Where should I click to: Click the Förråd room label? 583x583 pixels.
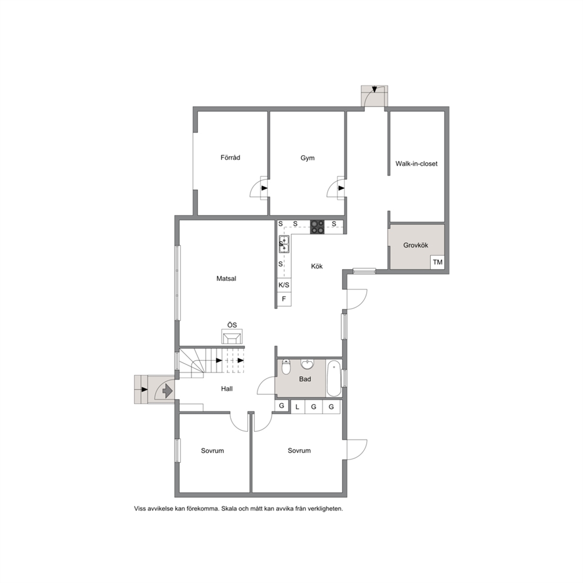click(230, 158)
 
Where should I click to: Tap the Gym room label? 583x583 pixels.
click(307, 158)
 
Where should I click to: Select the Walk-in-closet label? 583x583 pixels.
click(417, 163)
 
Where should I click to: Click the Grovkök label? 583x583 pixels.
click(416, 246)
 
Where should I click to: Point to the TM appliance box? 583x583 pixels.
click(438, 262)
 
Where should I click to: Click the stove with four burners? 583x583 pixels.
click(317, 227)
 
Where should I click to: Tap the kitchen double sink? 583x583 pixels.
click(284, 244)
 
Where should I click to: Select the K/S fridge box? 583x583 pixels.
click(284, 285)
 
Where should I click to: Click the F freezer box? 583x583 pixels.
click(284, 299)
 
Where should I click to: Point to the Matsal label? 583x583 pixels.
click(226, 279)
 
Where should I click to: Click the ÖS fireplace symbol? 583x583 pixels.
click(232, 337)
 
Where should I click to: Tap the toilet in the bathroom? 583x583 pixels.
click(286, 367)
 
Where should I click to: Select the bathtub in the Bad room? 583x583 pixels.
click(333, 378)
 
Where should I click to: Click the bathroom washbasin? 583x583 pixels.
click(307, 364)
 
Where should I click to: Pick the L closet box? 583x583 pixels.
click(297, 407)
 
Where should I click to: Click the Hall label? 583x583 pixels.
click(227, 389)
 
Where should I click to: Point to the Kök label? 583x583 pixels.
click(317, 266)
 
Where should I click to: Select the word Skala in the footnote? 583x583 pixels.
click(229, 508)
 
